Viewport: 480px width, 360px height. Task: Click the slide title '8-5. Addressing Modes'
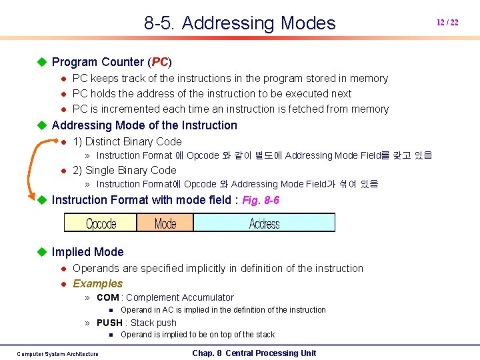coord(239,23)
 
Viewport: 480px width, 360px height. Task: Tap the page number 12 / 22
coord(447,23)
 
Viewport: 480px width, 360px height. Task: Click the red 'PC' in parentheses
coord(160,62)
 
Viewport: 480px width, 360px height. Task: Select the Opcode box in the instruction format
coord(101,223)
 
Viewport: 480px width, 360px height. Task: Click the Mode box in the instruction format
coord(165,223)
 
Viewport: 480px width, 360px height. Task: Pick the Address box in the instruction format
coord(264,223)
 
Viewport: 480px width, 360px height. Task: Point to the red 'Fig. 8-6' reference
coord(261,200)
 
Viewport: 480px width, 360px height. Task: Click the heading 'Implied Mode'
coord(87,252)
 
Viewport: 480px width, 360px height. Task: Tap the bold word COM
coord(108,297)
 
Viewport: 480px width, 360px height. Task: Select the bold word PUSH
coord(110,323)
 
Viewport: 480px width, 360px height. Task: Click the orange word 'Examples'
coord(97,283)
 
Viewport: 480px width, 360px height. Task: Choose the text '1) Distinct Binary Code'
coord(127,141)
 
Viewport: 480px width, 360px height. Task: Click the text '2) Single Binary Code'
coord(124,170)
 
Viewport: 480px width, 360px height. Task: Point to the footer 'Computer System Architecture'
coord(57,354)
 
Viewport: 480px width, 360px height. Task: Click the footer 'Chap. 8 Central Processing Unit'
coord(254,353)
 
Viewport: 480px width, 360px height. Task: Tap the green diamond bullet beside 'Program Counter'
coord(42,62)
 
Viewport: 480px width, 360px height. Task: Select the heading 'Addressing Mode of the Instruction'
coord(144,125)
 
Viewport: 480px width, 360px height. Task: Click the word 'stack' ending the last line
coord(263,335)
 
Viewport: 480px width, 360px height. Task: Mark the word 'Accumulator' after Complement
coord(207,297)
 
